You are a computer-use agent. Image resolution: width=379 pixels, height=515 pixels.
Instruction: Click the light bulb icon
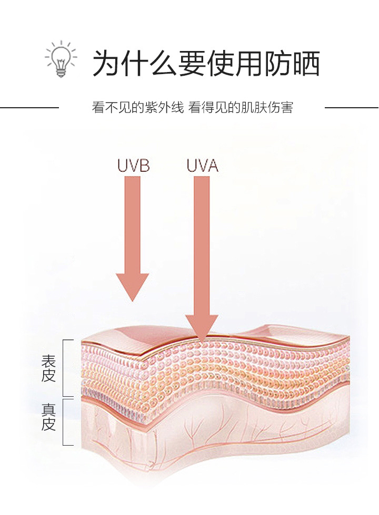tap(61, 59)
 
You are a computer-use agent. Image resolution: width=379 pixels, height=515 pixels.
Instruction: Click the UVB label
tap(133, 166)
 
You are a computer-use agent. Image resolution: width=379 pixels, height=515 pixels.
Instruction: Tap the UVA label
tap(202, 166)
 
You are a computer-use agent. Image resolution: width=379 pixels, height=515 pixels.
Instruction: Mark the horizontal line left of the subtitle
tap(29, 108)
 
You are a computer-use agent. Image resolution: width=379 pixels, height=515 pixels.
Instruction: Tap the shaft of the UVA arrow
tap(202, 242)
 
